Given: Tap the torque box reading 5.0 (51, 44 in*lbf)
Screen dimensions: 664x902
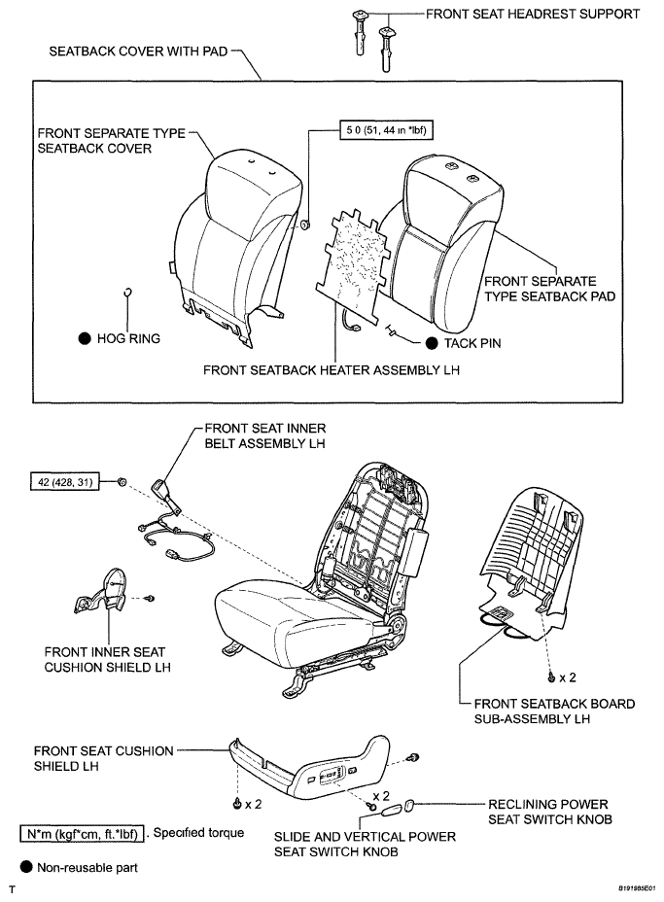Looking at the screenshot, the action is pos(386,130).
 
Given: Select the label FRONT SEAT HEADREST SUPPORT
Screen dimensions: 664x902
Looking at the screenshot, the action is pos(532,14).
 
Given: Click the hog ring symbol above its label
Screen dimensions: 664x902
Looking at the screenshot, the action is pos(128,292).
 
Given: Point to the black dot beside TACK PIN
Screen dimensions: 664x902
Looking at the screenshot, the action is pos(432,343).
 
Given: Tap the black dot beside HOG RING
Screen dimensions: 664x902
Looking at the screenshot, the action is pos(85,338).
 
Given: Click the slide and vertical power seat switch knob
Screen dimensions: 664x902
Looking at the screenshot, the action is pos(391,811).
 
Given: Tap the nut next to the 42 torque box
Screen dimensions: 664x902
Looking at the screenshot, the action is pos(122,481).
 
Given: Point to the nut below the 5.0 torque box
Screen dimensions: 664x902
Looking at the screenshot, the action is pos(305,224).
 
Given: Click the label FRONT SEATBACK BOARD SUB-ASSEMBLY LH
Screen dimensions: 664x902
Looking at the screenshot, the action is pos(554,711).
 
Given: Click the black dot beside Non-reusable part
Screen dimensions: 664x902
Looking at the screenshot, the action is pos(26,867).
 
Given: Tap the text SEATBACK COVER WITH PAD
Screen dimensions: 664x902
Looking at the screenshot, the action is pos(138,52).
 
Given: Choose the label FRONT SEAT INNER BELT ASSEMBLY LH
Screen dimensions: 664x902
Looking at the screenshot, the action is pos(265,435).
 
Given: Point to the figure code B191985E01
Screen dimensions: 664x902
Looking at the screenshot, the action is pos(637,888).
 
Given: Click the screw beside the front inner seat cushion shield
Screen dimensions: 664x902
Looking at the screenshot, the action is pos(150,599).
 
